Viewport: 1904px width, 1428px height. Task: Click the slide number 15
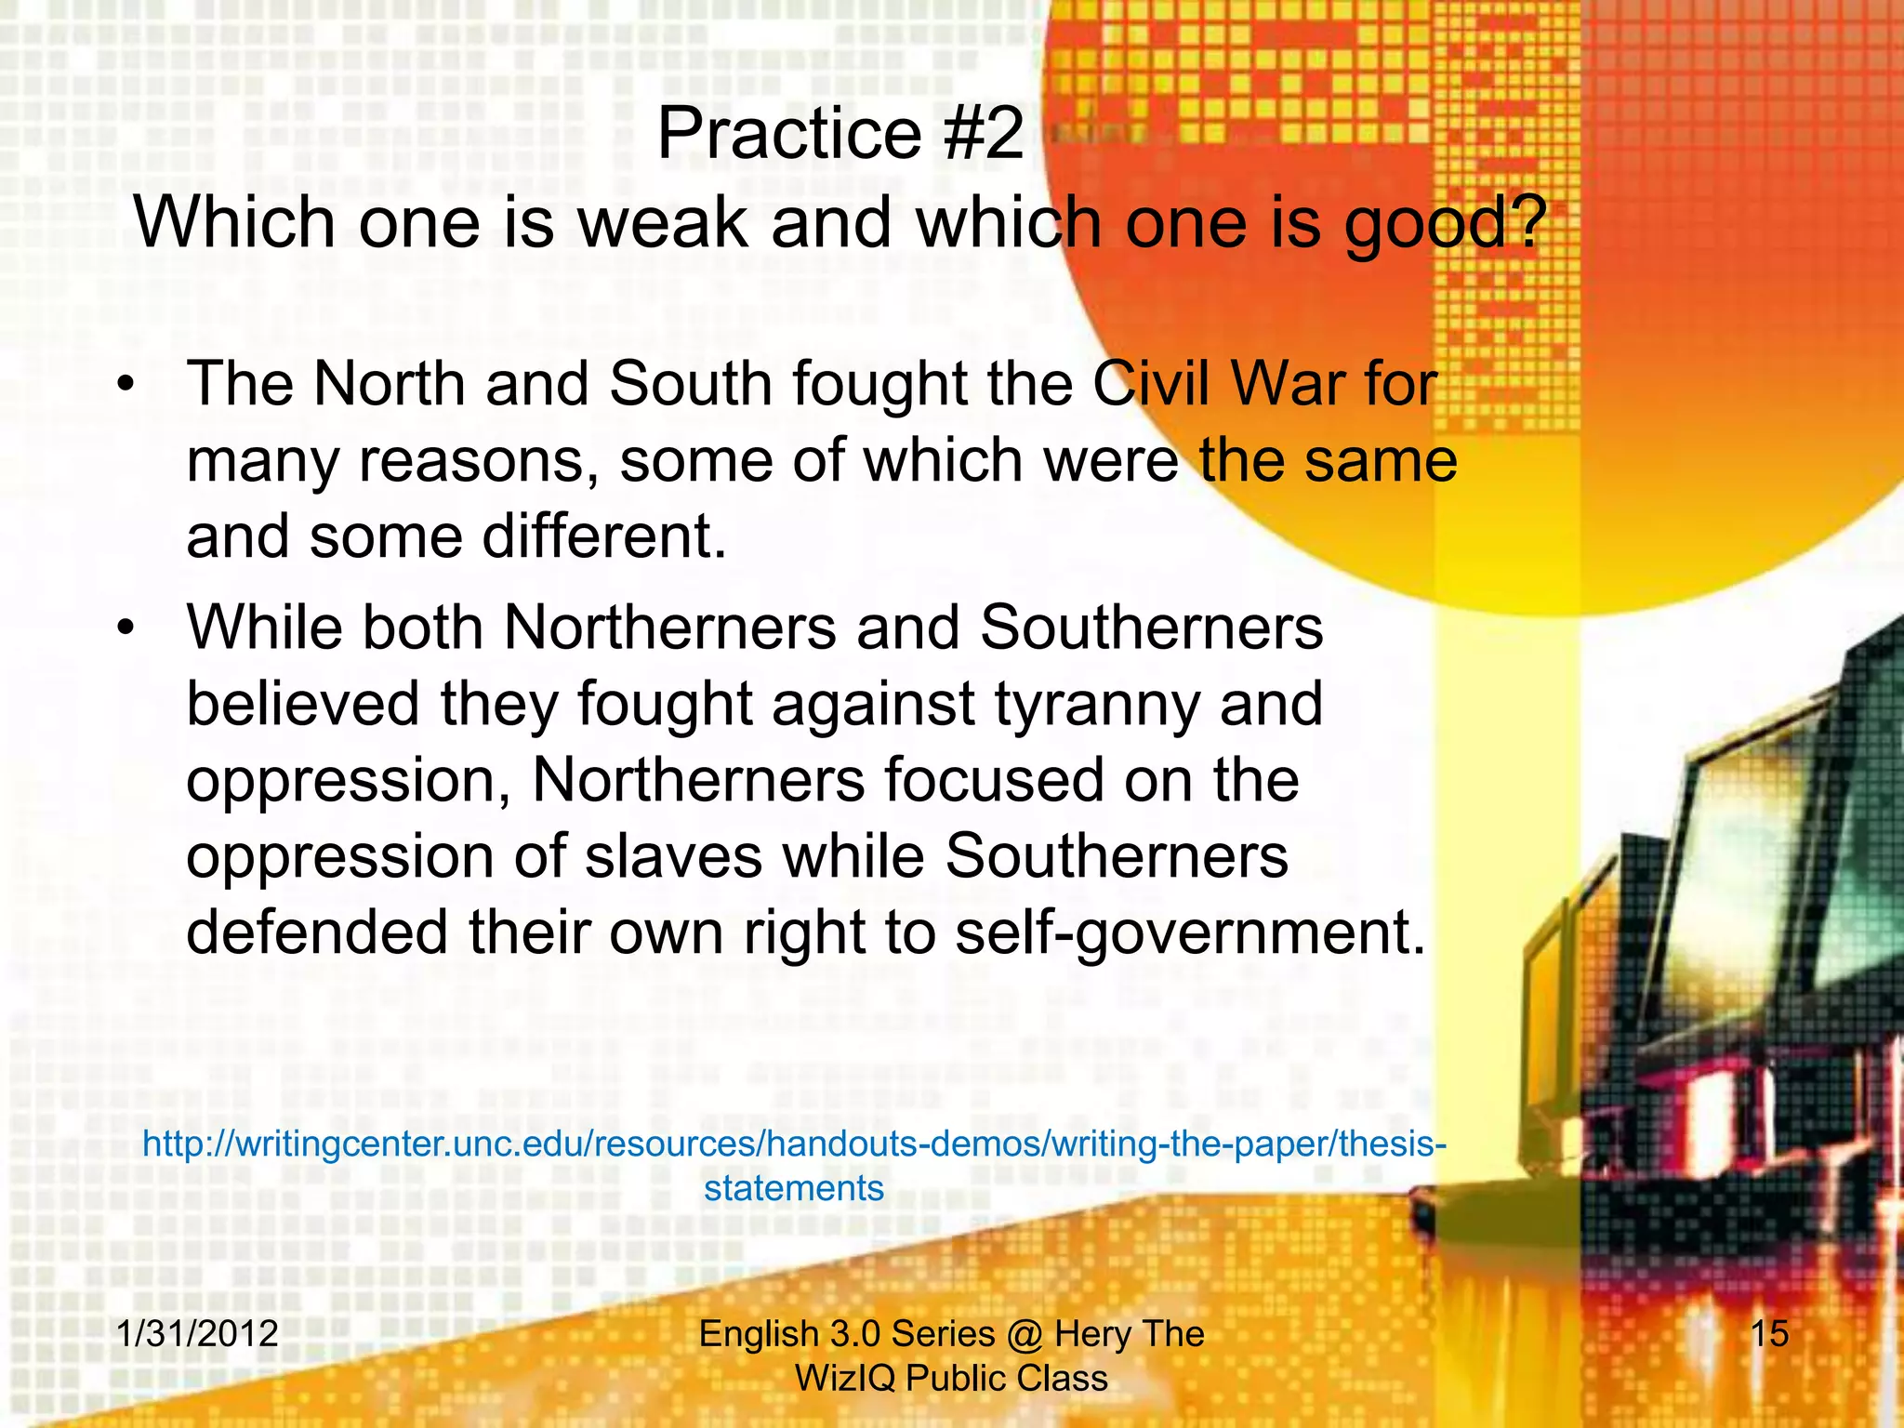(x=1769, y=1333)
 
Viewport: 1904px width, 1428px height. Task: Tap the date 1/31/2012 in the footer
(x=197, y=1333)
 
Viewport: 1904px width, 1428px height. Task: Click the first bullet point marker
(x=126, y=385)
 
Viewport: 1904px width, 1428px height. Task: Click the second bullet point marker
(x=126, y=628)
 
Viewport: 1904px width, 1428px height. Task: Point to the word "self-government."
(x=1190, y=932)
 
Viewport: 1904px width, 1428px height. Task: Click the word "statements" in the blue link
(x=794, y=1188)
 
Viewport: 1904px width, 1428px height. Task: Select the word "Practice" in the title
(x=789, y=134)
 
